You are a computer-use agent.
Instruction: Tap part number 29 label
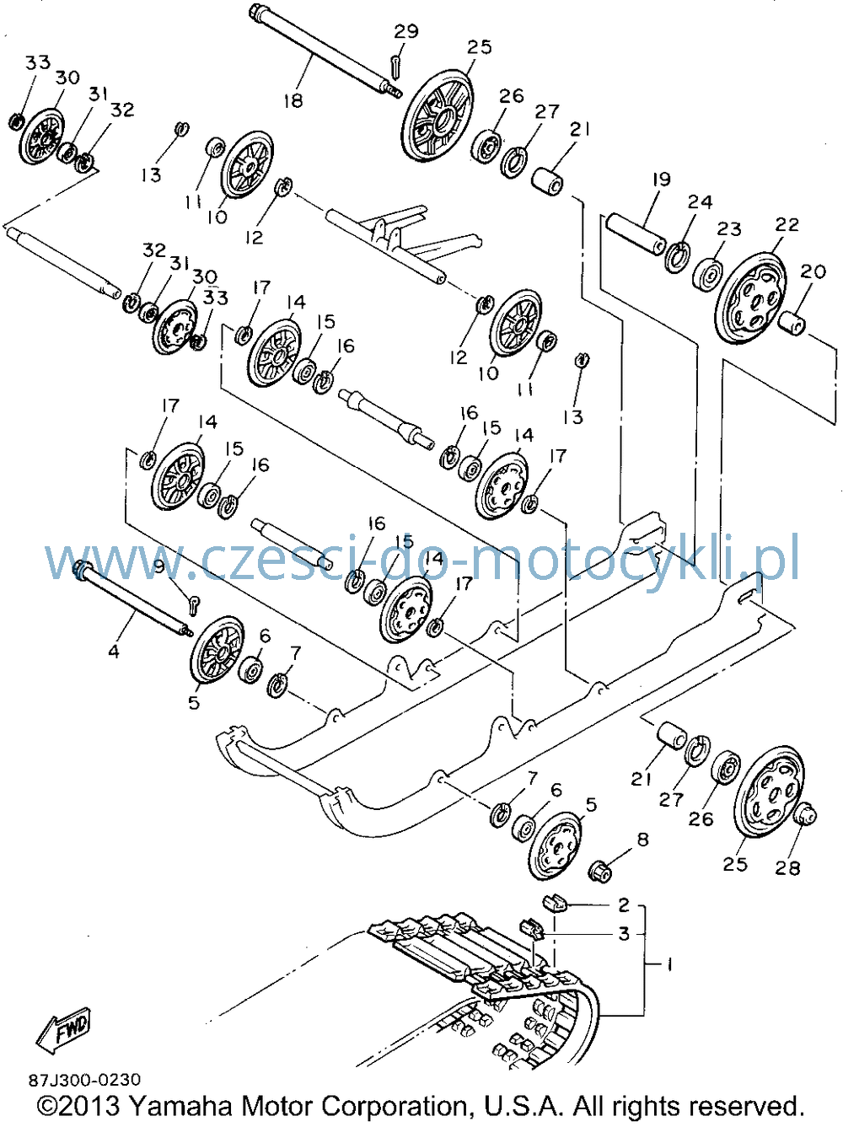coord(406,32)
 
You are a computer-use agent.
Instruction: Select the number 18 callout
coord(293,100)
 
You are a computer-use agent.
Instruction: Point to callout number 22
coord(787,224)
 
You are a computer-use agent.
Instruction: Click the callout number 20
coord(813,271)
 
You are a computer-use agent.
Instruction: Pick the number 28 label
coord(787,868)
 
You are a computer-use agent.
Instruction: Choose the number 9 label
coord(159,566)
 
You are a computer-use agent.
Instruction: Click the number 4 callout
coord(114,652)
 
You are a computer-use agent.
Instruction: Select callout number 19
coord(662,180)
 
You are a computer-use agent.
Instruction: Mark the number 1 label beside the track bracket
coord(669,965)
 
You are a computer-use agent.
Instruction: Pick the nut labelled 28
coord(805,813)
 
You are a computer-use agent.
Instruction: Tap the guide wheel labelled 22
coord(749,298)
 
